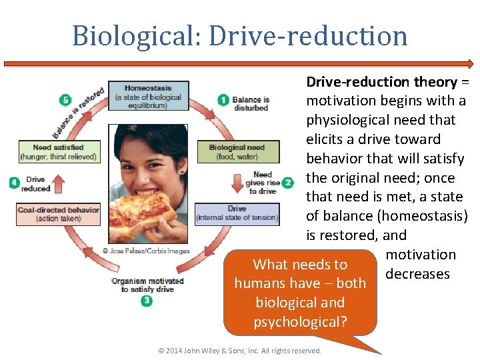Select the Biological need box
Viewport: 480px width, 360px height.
(x=236, y=152)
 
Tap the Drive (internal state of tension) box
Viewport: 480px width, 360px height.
(x=236, y=213)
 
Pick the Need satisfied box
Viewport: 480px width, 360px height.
(x=58, y=152)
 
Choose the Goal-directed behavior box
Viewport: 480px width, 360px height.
(x=58, y=213)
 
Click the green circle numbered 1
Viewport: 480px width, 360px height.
(x=224, y=100)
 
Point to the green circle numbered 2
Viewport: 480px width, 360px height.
(x=288, y=182)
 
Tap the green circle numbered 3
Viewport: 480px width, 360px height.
(x=147, y=301)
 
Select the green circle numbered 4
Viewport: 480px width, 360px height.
(x=15, y=182)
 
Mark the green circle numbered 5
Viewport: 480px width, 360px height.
(x=65, y=100)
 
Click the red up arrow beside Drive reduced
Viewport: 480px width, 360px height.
(x=58, y=183)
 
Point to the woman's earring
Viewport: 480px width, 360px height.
(x=181, y=172)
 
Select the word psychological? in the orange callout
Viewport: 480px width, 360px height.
(x=300, y=321)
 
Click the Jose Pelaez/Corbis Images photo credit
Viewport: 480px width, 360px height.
(x=146, y=251)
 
